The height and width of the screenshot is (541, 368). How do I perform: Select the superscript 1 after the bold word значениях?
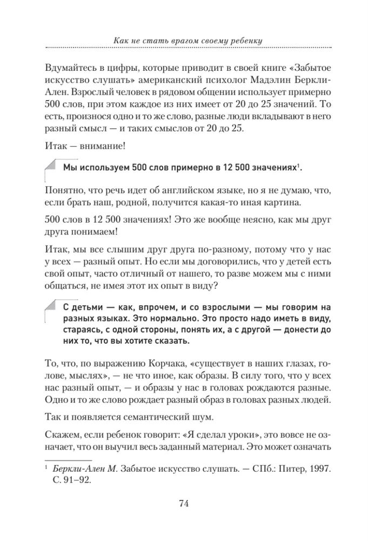[x=298, y=166]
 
